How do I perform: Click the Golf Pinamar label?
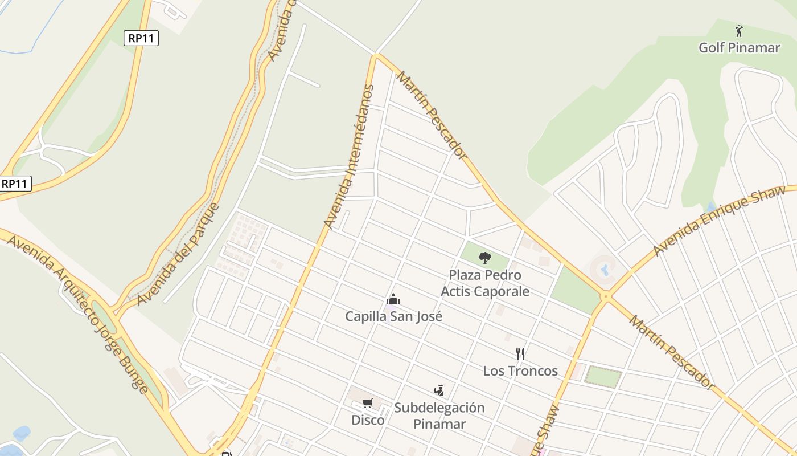[x=739, y=48]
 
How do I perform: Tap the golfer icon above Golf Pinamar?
[x=739, y=30]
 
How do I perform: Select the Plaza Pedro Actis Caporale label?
[x=485, y=283]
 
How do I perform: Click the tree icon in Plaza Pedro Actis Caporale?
[x=484, y=258]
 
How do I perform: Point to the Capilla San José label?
[x=393, y=316]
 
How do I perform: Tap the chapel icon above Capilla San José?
[x=393, y=299]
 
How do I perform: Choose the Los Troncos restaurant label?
[x=520, y=371]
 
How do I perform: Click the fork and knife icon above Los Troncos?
[x=520, y=354]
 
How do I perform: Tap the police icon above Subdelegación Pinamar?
[x=439, y=391]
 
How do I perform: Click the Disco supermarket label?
[x=367, y=420]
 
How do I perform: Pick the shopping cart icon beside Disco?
[x=368, y=404]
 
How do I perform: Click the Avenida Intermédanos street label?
[x=349, y=156]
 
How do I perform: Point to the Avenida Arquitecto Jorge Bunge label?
[x=77, y=312]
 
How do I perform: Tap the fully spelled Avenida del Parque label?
[x=178, y=254]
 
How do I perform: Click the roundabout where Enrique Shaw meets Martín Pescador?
[x=606, y=296]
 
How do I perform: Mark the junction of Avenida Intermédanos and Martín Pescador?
[x=376, y=56]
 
